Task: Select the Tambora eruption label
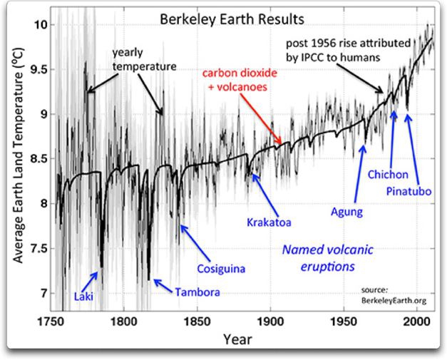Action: click(197, 292)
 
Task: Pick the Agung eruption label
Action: click(347, 211)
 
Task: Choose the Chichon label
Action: click(388, 174)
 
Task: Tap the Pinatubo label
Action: click(409, 191)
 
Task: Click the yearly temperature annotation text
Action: click(143, 60)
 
